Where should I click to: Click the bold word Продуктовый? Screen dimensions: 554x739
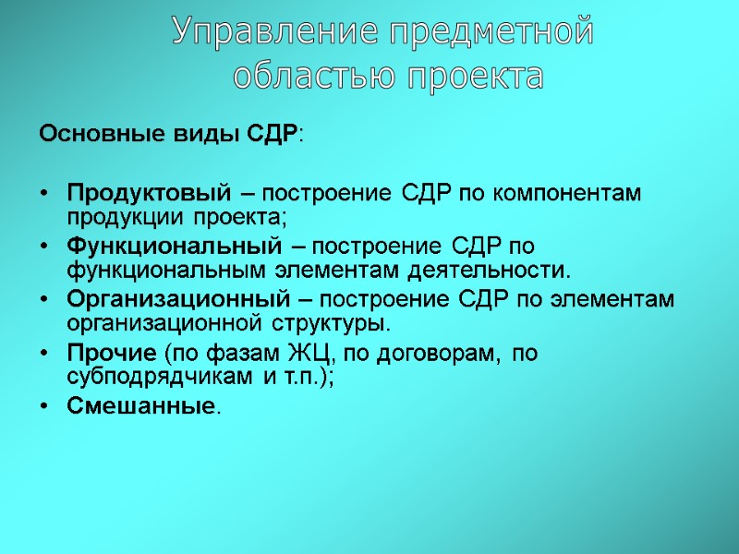pyautogui.click(x=147, y=195)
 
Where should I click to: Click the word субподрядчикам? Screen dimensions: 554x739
pyautogui.click(x=144, y=377)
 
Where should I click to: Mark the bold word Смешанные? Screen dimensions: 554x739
pyautogui.click(x=140, y=407)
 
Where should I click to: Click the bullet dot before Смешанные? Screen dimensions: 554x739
pyautogui.click(x=46, y=407)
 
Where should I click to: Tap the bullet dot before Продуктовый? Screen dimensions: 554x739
pyautogui.click(x=46, y=195)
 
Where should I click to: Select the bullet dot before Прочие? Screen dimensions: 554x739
pyautogui.click(x=46, y=354)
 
